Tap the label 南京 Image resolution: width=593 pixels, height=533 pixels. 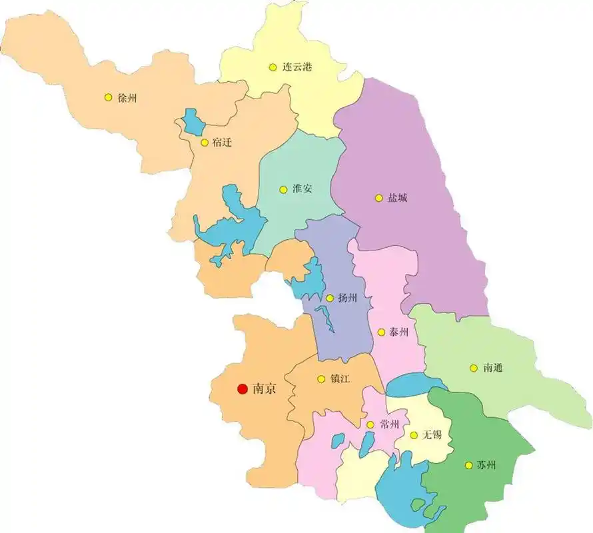point(265,388)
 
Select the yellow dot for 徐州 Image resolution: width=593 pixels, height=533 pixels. point(108,97)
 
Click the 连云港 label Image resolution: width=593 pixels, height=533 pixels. point(297,67)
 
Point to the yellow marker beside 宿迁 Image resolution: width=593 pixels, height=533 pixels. point(204,142)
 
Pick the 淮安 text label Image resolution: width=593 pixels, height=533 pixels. point(302,189)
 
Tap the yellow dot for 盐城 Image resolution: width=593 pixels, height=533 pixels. point(378,198)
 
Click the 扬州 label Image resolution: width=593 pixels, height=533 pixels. point(347,298)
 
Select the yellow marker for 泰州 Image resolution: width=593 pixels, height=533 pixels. point(381,332)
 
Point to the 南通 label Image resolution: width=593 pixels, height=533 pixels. point(494,368)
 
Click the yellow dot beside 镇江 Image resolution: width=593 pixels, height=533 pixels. point(321,379)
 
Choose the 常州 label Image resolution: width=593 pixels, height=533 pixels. point(389,424)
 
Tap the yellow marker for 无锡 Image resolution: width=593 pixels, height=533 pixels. point(414,435)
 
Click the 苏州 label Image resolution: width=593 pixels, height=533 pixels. point(486,465)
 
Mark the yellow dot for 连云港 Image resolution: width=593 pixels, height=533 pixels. point(273,67)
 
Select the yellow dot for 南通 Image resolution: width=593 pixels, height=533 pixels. point(473,368)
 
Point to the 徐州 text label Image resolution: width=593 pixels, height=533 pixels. point(127,98)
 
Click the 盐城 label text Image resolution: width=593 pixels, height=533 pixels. point(398,198)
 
